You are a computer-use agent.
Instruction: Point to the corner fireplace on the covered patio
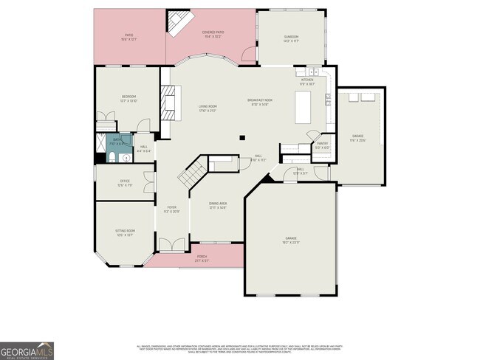[177, 23]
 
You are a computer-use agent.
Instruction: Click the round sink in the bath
[126, 157]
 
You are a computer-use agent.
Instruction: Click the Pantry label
[322, 145]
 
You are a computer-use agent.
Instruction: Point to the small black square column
[241, 136]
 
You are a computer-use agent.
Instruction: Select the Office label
[125, 184]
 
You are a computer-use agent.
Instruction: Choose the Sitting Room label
[125, 232]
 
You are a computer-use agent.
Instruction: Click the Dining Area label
[217, 207]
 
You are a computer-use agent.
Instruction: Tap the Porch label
[202, 258]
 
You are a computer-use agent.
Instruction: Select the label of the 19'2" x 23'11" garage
[291, 239]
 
